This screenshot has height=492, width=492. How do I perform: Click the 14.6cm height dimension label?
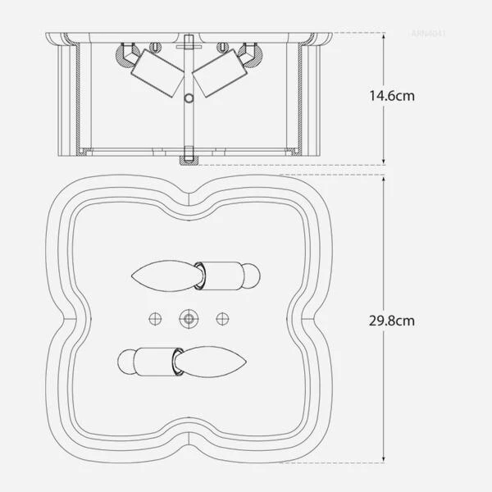click(392, 96)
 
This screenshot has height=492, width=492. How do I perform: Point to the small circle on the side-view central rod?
click(189, 98)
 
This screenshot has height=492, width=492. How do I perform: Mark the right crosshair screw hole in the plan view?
click(221, 317)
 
